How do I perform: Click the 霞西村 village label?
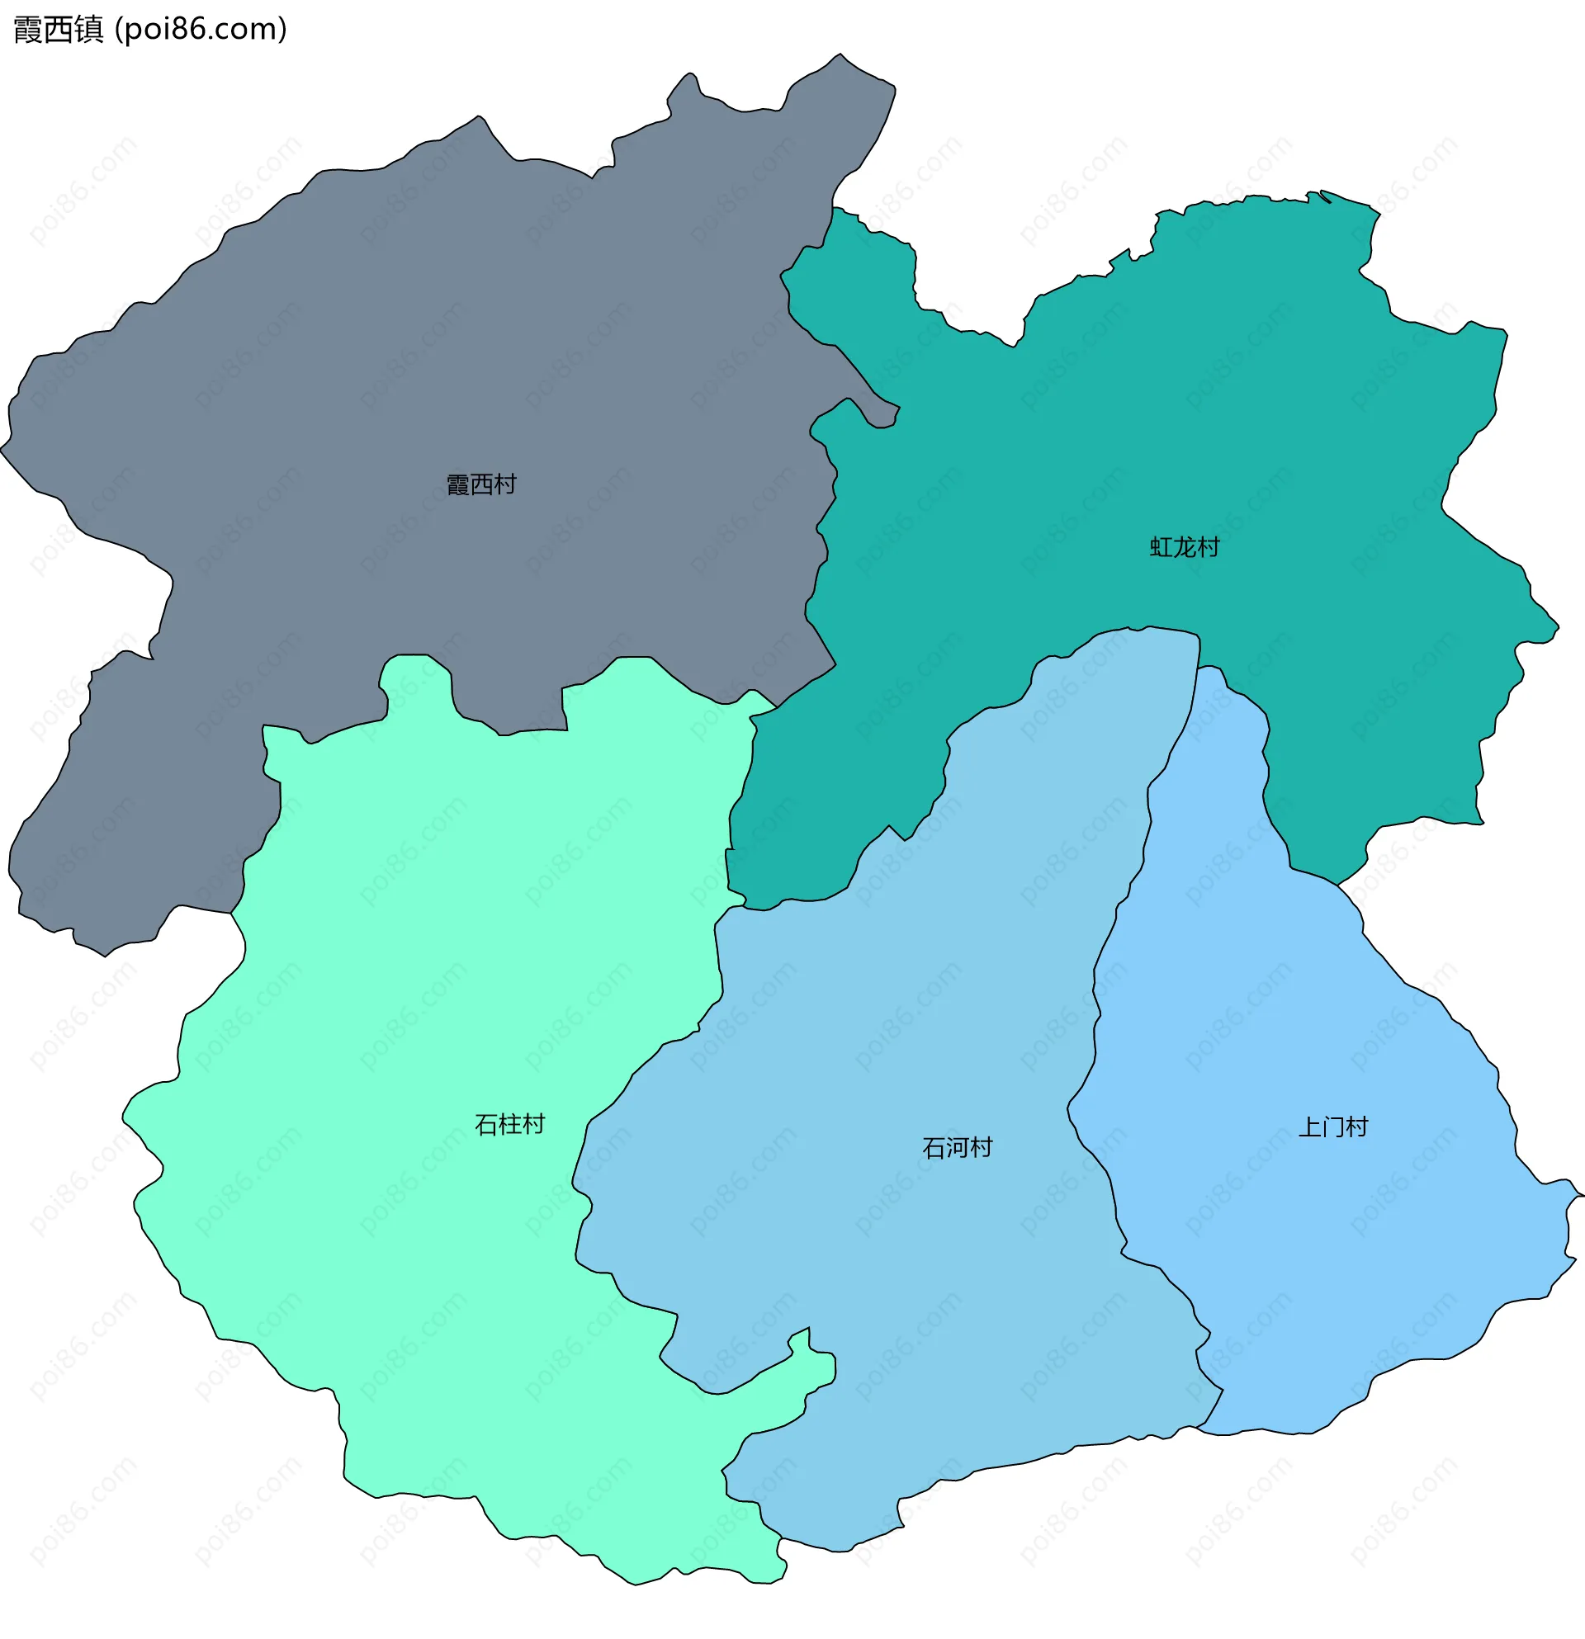[481, 484]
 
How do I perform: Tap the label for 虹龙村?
[1185, 547]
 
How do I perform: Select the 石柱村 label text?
[509, 1124]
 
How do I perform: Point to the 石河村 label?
[957, 1147]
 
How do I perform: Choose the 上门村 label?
[1332, 1127]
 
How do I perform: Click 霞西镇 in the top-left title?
[59, 29]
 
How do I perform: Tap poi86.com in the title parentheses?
[201, 29]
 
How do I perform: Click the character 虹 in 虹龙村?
[1161, 547]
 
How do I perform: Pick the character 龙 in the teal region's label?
[1185, 547]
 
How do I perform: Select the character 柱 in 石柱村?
[509, 1124]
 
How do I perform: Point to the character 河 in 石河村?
[957, 1147]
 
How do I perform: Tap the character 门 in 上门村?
[1332, 1127]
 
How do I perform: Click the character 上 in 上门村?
[1309, 1127]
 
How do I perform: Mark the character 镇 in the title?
[88, 29]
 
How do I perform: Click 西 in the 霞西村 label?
[481, 484]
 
